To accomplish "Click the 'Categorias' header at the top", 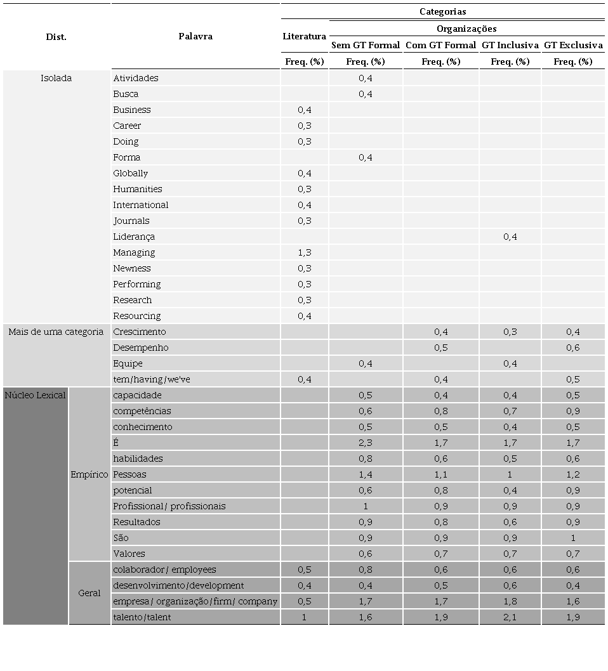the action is point(442,11).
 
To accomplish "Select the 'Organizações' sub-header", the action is point(466,29).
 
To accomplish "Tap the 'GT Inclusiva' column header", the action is point(510,45).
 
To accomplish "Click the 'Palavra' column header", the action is point(195,36).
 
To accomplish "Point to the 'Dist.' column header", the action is point(56,37).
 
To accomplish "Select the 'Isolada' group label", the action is point(56,78).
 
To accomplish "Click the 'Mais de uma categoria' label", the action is point(56,332).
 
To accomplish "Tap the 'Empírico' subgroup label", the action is point(89,474).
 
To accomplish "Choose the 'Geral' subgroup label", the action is point(89,593).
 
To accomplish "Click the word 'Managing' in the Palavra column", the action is point(134,252).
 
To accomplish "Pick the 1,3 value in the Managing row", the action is point(304,252).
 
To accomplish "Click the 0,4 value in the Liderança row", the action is point(510,237).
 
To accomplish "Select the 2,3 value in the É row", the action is point(366,443).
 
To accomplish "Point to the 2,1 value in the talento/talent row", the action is point(510,617).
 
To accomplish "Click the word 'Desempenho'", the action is point(140,348).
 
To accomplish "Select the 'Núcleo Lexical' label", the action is point(35,395).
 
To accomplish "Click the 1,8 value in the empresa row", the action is point(510,601).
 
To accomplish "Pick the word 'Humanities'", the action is point(137,189).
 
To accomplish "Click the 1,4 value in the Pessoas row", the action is point(366,474).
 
